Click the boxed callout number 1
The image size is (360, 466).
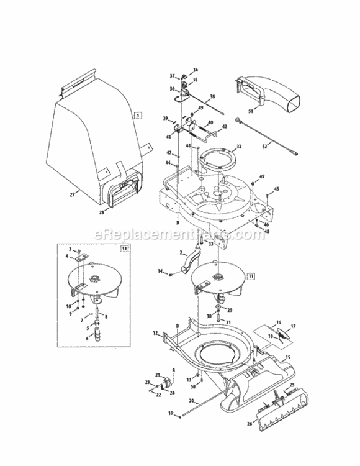[x=137, y=115]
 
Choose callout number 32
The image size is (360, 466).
[x=238, y=147]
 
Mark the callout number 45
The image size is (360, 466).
[x=276, y=189]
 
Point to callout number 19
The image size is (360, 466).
[x=170, y=414]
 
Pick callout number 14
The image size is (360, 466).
[x=160, y=272]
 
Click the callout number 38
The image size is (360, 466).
[x=212, y=97]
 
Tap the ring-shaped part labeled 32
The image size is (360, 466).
[x=218, y=161]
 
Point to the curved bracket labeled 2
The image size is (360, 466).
[x=187, y=263]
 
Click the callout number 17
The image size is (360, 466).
[x=294, y=326]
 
